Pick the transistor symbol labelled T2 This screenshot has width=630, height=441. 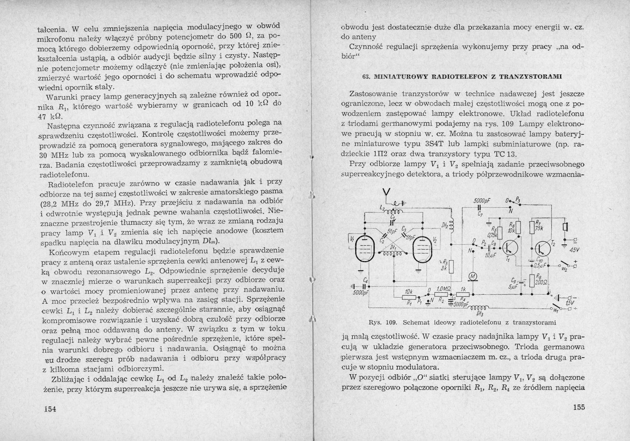543,248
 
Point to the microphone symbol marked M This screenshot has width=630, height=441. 473,277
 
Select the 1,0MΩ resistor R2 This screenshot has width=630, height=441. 442,294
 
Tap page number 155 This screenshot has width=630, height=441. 579,407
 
